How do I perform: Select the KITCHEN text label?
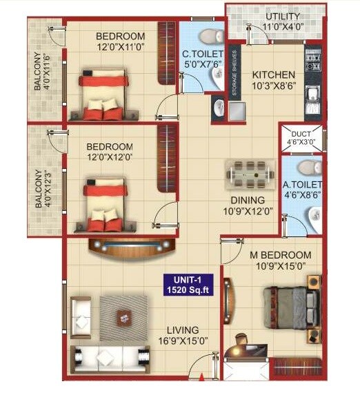[x=273, y=74]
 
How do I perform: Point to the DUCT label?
[x=299, y=136]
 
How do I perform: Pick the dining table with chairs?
[x=248, y=176]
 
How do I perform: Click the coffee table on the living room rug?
[x=124, y=316]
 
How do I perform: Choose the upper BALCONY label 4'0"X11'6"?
[x=40, y=72]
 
